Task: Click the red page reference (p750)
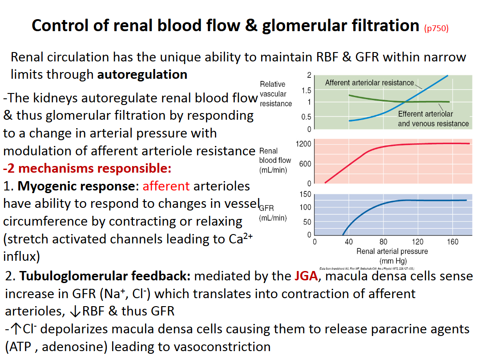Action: (x=436, y=28)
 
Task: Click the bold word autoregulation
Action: (x=142, y=74)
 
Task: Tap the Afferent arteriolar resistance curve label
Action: (x=369, y=82)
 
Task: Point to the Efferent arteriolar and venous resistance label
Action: (x=433, y=119)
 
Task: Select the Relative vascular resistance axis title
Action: (x=275, y=93)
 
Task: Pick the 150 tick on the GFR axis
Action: (x=306, y=194)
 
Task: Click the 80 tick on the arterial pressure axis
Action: (x=383, y=242)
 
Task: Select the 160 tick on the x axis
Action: (x=452, y=242)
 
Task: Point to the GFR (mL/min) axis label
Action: (x=273, y=213)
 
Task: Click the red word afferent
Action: (x=166, y=186)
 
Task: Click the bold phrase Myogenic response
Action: (x=76, y=186)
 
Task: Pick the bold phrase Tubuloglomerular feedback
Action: (x=105, y=276)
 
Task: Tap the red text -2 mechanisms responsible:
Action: (x=87, y=169)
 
